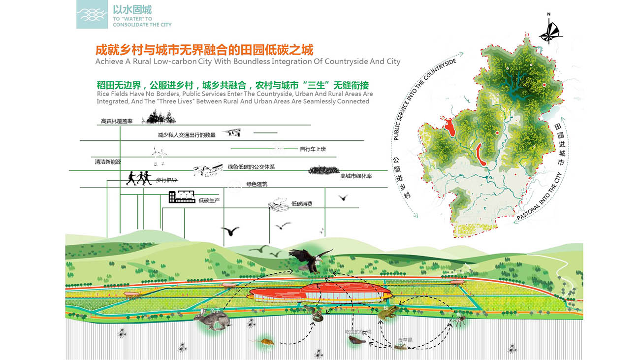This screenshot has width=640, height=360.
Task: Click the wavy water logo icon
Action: coord(92,14)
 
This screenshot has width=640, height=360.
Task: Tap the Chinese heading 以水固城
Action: coord(132,9)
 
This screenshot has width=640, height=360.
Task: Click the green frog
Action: coord(388,313)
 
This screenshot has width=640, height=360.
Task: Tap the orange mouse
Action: coord(264,341)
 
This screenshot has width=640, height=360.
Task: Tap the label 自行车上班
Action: coord(313,149)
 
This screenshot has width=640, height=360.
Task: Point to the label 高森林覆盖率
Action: coord(117,121)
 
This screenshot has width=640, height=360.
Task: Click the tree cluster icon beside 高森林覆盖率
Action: coord(159,117)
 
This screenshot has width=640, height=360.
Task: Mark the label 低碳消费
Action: coord(301,203)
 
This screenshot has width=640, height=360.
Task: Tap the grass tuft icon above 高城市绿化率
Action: coord(323,169)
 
